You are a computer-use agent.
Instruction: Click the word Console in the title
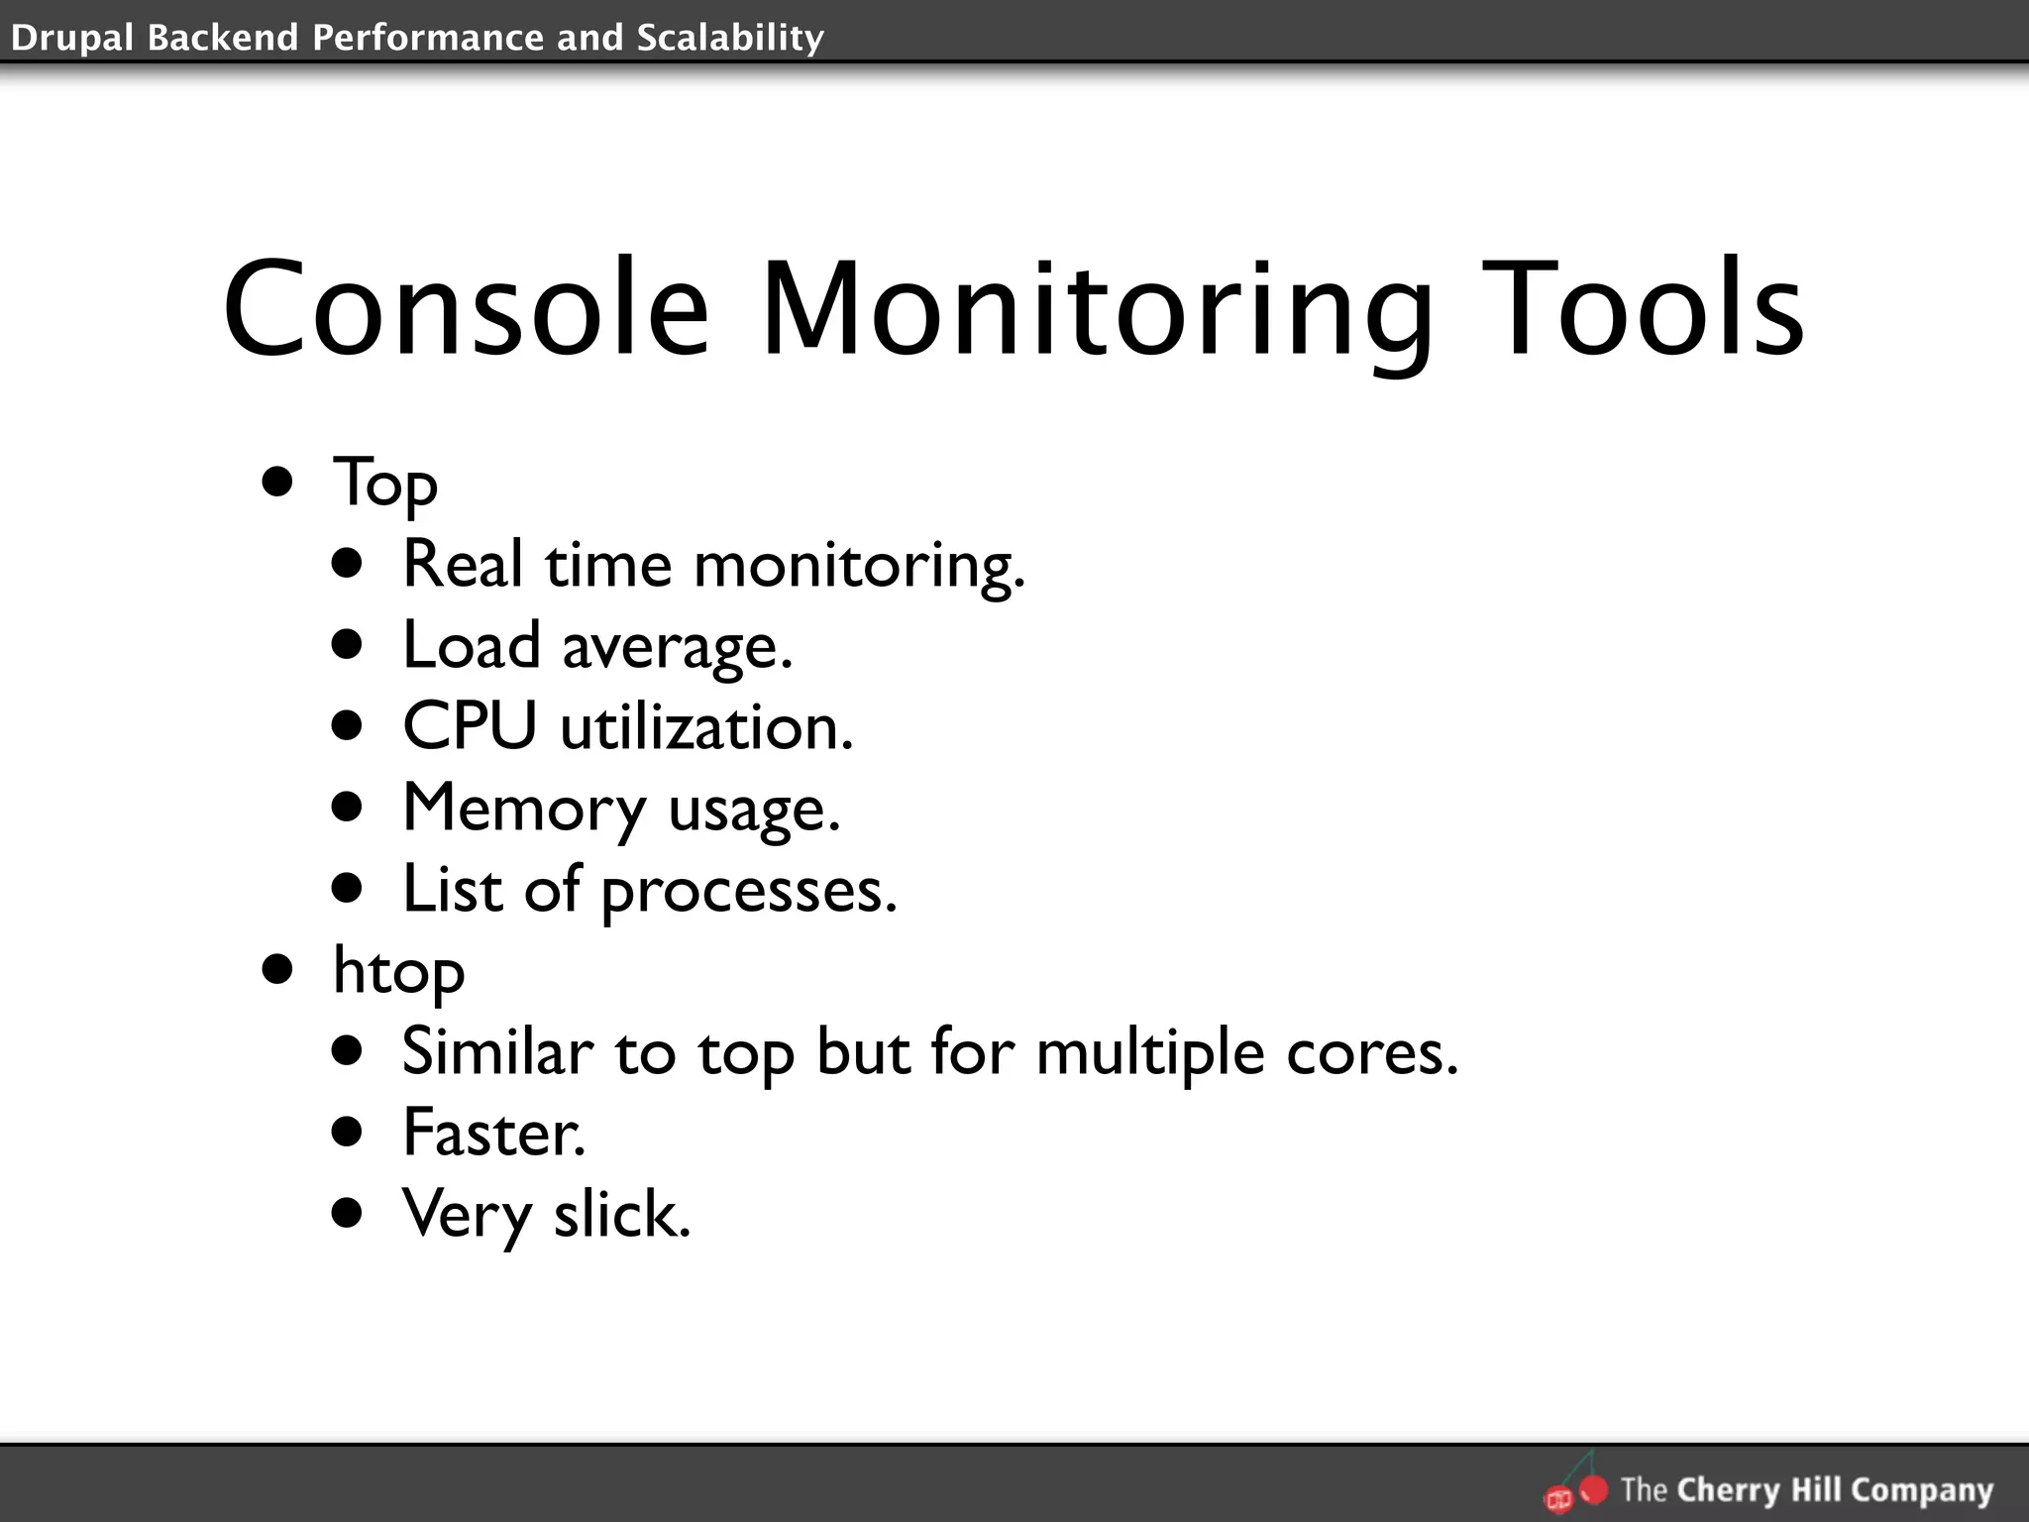[x=466, y=309]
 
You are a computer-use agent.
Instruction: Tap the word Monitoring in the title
[x=1096, y=309]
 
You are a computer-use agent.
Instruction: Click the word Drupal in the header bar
[x=70, y=38]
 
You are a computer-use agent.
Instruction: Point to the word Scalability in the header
[x=730, y=38]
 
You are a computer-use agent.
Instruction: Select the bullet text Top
[x=385, y=484]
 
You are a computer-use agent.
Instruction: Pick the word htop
[x=398, y=970]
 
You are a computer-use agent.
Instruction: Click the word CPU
[x=470, y=726]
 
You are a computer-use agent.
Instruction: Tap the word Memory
[x=524, y=809]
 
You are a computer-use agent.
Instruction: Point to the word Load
[x=472, y=645]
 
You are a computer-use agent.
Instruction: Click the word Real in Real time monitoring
[x=462, y=564]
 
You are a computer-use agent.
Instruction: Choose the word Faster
[x=492, y=1133]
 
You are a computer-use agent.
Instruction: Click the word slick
[x=621, y=1214]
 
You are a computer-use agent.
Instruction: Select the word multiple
[x=1149, y=1051]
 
